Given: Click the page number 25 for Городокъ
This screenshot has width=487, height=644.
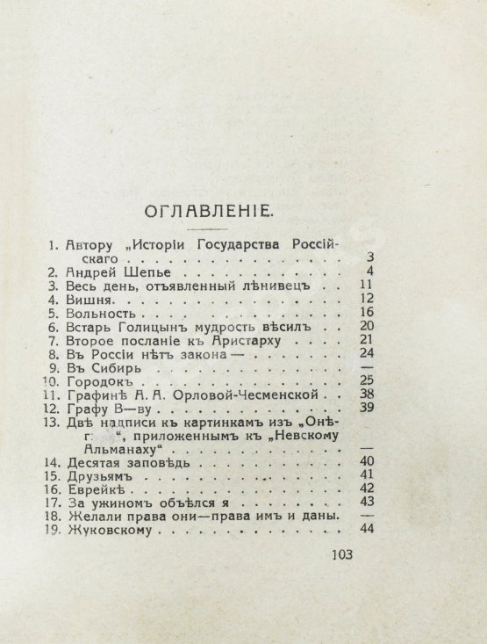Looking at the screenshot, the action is click(366, 382).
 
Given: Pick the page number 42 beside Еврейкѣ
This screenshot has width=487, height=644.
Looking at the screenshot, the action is click(366, 488).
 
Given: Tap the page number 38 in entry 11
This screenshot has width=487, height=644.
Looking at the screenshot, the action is click(366, 395).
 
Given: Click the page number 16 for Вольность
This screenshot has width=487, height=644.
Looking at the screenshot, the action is click(366, 313).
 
